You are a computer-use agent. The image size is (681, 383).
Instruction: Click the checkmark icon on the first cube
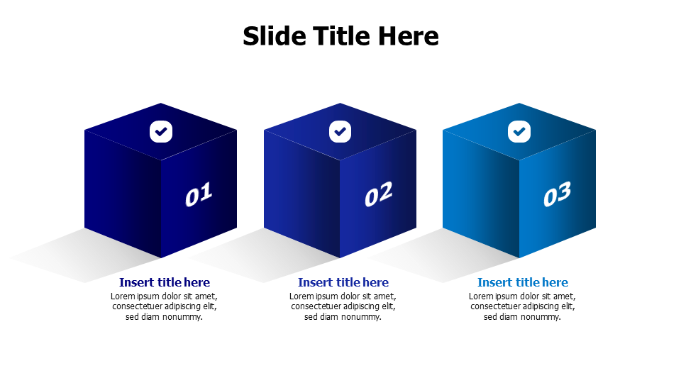[x=161, y=131]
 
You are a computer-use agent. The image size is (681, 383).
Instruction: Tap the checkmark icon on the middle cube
[x=340, y=131]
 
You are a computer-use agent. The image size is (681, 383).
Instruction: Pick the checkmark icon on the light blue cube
[x=519, y=131]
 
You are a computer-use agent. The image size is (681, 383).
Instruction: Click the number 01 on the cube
[x=199, y=194]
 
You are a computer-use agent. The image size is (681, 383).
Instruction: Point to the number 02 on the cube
[x=378, y=194]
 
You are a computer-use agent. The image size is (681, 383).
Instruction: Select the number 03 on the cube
[x=557, y=194]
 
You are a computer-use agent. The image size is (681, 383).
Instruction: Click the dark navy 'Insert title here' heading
[x=165, y=282]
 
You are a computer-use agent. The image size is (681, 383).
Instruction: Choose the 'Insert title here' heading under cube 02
[x=343, y=282]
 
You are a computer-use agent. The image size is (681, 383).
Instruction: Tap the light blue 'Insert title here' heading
[x=523, y=282]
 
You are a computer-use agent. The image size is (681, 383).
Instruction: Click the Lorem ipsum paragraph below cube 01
[x=165, y=306]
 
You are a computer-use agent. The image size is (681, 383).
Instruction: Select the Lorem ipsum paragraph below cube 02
[x=343, y=306]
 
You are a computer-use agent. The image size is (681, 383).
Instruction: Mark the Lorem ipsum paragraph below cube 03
[x=523, y=306]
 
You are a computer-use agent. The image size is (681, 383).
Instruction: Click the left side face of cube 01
[x=122, y=191]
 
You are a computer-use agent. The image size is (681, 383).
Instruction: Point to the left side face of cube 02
[x=301, y=191]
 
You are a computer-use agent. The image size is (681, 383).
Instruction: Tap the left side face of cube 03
[x=480, y=191]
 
